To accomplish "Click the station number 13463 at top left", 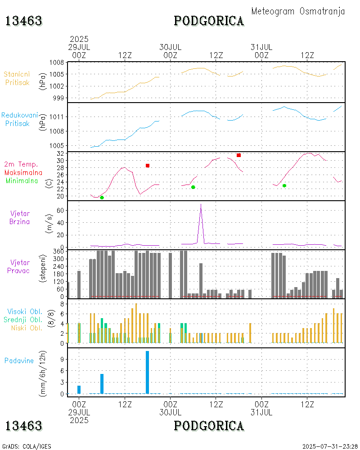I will (24, 21).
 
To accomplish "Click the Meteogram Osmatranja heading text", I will (298, 12).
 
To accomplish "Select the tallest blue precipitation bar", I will (147, 372).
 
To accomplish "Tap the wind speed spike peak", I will (201, 205).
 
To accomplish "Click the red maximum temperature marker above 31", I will (238, 155).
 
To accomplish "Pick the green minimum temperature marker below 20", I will (102, 198).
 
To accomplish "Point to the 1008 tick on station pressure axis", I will (57, 63).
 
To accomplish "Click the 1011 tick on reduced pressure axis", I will (57, 117).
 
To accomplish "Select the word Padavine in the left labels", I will (19, 360).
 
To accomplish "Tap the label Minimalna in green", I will (24, 180).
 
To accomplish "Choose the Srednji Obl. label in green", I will (24, 319).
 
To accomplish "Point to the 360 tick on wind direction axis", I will (58, 251).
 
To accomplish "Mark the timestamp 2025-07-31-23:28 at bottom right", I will (329, 446).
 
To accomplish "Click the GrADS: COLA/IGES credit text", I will (27, 446).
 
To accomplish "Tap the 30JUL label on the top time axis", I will (171, 47).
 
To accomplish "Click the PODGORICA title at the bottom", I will (209, 426).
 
